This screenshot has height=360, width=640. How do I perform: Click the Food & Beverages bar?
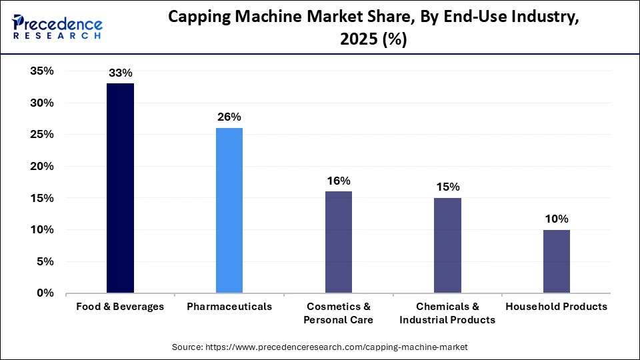click(x=120, y=188)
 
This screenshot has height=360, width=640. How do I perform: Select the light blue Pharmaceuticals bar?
click(x=229, y=210)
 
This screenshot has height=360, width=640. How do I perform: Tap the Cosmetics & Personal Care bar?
click(x=338, y=242)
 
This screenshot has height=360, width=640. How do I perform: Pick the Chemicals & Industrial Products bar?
click(x=447, y=245)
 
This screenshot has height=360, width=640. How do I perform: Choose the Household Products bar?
click(x=556, y=261)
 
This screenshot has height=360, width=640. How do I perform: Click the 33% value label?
click(x=120, y=73)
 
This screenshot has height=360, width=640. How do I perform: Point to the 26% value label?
click(x=229, y=117)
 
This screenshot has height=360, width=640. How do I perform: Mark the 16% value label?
click(x=338, y=181)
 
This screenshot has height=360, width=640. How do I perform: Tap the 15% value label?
click(x=447, y=187)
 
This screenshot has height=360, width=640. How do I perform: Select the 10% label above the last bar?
click(x=556, y=219)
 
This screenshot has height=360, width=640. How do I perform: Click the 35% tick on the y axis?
click(x=41, y=71)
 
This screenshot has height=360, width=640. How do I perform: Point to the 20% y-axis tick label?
click(x=41, y=167)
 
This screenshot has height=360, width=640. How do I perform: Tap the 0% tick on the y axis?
click(x=45, y=293)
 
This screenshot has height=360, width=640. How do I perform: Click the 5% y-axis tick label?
click(x=45, y=262)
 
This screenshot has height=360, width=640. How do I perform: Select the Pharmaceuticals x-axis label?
click(x=229, y=307)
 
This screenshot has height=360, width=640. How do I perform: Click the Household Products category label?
click(x=556, y=307)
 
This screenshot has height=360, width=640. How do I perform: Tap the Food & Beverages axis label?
click(x=120, y=307)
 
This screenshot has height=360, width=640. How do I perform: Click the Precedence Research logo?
click(x=57, y=27)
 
